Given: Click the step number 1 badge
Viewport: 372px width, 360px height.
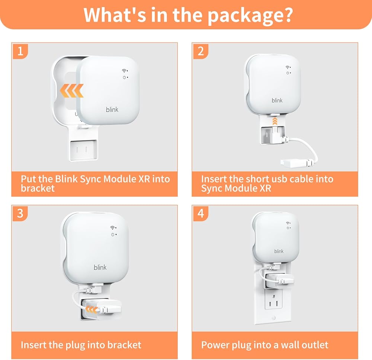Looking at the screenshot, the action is pyautogui.click(x=20, y=51).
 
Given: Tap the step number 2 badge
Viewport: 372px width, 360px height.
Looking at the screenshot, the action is pyautogui.click(x=201, y=51).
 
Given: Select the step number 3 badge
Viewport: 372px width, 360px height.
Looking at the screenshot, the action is pyautogui.click(x=20, y=213).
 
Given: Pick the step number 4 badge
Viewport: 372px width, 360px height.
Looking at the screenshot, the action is pyautogui.click(x=201, y=213).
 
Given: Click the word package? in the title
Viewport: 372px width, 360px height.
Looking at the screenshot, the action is pyautogui.click(x=250, y=15).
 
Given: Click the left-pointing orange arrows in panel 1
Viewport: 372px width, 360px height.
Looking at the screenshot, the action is pyautogui.click(x=71, y=91).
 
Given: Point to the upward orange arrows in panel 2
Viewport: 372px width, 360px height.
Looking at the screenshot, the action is pyautogui.click(x=275, y=121).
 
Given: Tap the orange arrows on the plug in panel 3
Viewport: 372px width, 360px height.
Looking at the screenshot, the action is pyautogui.click(x=92, y=309).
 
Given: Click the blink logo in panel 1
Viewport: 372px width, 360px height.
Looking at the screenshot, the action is pyautogui.click(x=112, y=109).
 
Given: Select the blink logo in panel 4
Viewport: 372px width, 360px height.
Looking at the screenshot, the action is pyautogui.click(x=279, y=251).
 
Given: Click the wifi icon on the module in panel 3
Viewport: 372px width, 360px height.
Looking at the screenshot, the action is pyautogui.click(x=113, y=228).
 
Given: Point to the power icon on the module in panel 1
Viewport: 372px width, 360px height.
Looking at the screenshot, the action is pyautogui.click(x=124, y=78).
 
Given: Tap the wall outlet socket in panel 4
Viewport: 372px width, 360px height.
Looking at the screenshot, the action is pyautogui.click(x=273, y=302).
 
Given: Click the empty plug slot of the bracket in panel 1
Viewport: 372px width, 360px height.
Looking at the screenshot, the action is pyautogui.click(x=83, y=150).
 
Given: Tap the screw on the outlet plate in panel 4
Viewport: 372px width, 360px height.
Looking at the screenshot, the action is pyautogui.click(x=273, y=318).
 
